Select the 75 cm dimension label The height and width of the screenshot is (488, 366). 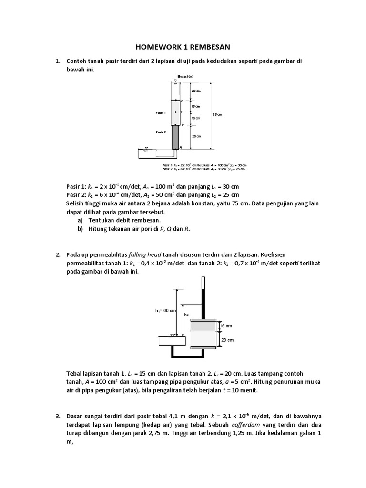[217, 115]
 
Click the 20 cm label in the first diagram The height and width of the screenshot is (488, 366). [196, 91]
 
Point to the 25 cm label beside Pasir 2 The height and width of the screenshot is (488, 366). [196, 136]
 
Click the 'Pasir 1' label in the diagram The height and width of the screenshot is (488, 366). [161, 113]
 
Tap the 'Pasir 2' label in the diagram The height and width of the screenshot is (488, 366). [161, 131]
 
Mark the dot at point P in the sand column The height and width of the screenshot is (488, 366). [175, 112]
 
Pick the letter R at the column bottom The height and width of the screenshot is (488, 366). [181, 148]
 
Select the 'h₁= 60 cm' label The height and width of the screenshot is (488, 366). [166, 311]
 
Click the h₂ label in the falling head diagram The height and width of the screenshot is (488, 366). [186, 315]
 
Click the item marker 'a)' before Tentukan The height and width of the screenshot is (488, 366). [80, 220]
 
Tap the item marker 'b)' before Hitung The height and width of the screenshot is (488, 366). [80, 229]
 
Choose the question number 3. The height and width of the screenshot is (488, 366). [58, 417]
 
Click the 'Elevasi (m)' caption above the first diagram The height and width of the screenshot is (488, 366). [185, 76]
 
